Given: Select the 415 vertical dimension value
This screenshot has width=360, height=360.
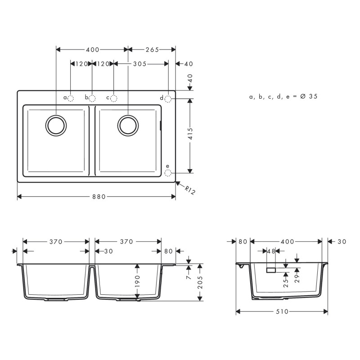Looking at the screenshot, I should point(190,135).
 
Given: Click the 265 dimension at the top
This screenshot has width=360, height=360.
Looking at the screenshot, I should point(152,50).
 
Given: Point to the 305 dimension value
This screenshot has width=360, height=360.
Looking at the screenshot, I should point(140,64).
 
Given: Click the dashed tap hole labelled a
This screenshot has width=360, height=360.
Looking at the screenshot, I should point(71,98).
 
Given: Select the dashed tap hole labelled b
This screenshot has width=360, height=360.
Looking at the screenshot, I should point(92,98).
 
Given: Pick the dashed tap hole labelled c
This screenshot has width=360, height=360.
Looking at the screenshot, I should point(113,98).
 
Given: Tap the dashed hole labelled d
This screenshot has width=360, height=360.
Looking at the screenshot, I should point(168,98).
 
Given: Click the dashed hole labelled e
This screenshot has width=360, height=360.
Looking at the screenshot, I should point(168,173).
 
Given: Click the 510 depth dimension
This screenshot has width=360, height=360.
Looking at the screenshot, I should point(282,311).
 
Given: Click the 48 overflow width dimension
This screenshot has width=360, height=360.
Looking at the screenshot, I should point(271,251).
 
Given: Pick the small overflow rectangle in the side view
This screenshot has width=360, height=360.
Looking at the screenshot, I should point(271,270).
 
